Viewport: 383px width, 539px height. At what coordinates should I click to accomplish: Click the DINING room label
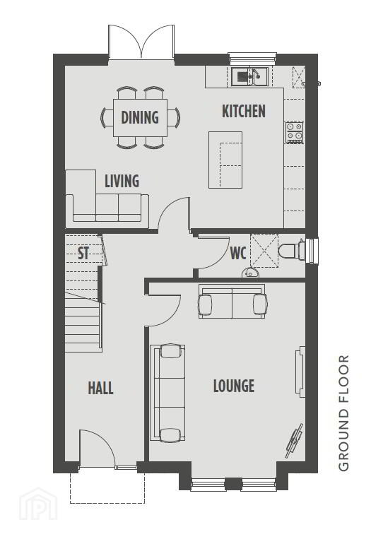pos(140,117)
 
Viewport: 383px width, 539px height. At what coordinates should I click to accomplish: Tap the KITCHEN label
pos(244,111)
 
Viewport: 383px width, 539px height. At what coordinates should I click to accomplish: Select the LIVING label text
pos(122,181)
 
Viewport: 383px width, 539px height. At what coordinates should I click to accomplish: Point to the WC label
pos(238,253)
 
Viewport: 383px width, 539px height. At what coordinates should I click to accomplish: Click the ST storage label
pos(83,253)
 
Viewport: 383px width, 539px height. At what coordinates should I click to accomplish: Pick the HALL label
pos(101,388)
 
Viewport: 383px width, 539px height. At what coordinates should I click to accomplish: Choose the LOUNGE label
pos(234,386)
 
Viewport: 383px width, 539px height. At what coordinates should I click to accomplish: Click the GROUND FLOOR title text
pos(343,413)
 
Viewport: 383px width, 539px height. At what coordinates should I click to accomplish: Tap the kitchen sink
pos(250,76)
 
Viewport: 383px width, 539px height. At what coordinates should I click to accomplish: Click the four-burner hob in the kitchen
pos(294,133)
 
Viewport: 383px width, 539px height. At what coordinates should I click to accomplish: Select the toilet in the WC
pos(292,250)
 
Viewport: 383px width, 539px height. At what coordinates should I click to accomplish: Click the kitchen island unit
pos(225,160)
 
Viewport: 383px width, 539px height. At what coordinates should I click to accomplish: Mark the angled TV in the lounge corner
pos(295,441)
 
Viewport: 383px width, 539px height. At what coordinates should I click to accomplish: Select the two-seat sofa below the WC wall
pos(232,302)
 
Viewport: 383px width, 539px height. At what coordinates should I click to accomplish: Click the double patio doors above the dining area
pos(141,42)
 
